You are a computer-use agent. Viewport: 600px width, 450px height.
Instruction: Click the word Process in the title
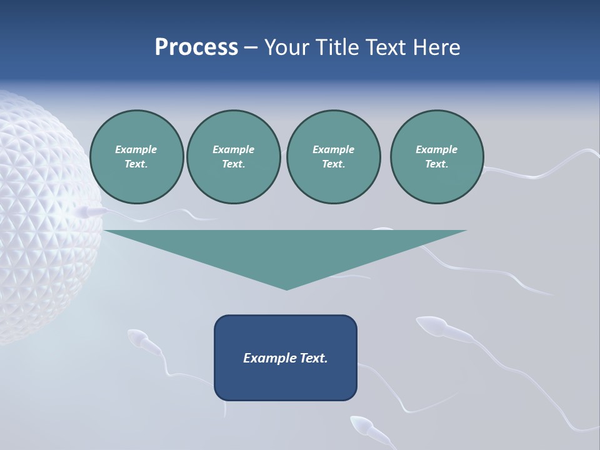click(196, 47)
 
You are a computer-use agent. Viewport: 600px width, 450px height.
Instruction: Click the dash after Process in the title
click(251, 48)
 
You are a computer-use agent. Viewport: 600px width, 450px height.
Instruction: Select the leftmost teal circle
click(137, 157)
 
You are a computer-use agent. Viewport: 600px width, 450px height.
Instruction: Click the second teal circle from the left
click(233, 157)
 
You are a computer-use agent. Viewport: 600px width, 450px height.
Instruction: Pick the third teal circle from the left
click(333, 157)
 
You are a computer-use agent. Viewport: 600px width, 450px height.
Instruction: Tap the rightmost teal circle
click(437, 157)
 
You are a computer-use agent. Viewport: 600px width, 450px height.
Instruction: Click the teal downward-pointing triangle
click(286, 250)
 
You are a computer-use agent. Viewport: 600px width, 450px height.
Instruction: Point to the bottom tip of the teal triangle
click(286, 288)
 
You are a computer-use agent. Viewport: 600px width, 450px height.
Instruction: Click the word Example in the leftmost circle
click(136, 149)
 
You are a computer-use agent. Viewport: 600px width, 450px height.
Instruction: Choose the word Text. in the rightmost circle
click(437, 164)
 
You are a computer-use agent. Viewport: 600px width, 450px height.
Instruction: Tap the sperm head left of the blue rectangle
click(137, 338)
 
